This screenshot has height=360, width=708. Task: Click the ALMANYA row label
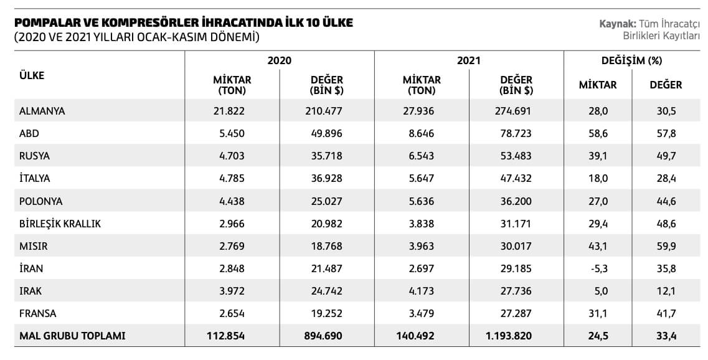(42, 111)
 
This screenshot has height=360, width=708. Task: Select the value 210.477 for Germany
(326, 111)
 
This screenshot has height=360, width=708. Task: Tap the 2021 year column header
(468, 61)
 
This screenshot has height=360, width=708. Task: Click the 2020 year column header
(280, 61)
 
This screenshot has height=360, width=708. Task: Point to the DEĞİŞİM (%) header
(631, 61)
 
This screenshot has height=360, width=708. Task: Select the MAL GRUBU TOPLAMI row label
(73, 336)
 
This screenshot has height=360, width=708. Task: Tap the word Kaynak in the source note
(615, 24)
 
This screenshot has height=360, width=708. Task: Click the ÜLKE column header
(32, 75)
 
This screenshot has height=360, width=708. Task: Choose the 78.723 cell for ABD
(516, 134)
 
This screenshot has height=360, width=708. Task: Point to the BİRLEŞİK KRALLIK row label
(60, 224)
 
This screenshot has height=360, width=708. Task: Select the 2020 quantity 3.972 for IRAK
(232, 291)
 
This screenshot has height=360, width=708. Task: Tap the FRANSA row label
(38, 313)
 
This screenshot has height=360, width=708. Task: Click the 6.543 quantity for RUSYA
(422, 156)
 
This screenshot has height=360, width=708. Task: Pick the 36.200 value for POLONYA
(516, 201)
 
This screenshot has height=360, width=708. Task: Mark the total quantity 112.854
(226, 336)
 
